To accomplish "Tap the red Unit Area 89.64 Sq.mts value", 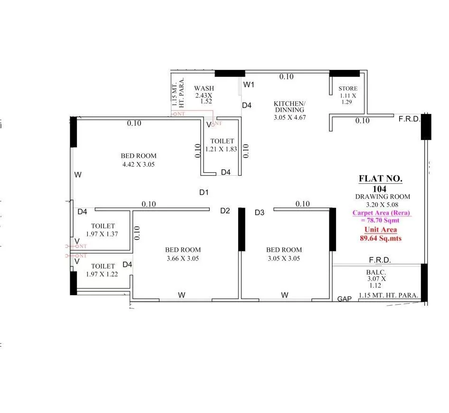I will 381,239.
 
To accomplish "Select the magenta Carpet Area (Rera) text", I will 381,213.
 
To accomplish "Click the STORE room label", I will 348,89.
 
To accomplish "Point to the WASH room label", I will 204,88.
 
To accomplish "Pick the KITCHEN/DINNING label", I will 290,106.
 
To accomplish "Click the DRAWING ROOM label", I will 383,197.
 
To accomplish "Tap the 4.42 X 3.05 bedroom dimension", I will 139,164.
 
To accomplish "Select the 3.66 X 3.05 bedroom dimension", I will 183,259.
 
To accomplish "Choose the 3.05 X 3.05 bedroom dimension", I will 284,259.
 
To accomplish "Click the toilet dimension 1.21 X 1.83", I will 221,149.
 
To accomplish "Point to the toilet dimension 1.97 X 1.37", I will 102,235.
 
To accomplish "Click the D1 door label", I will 204,192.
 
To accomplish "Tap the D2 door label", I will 225,211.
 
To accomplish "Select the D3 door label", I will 259,213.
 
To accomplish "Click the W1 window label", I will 249,85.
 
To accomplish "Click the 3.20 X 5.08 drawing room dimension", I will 382,205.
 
